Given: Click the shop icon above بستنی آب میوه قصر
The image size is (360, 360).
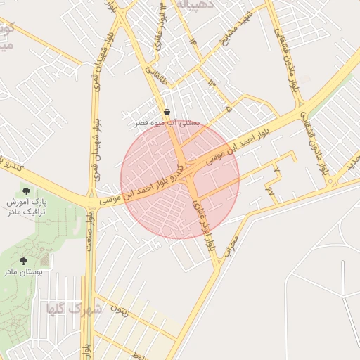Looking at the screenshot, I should pos(167,112).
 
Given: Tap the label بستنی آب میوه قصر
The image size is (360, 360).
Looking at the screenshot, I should pos(168,122).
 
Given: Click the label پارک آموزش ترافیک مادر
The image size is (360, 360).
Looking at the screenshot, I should pos(26,207).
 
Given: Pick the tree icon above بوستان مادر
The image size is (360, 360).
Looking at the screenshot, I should pos(24,260).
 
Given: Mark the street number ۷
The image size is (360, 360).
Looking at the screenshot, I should pos(277,171).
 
